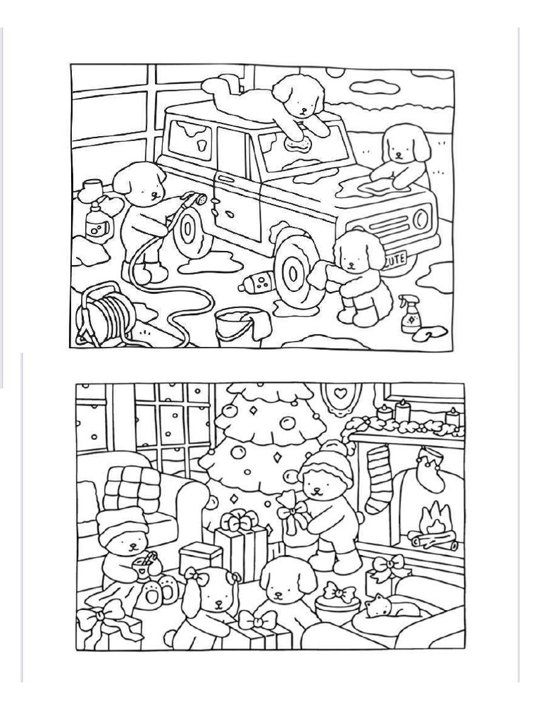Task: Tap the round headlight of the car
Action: (x=421, y=219)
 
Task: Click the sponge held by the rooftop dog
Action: (x=299, y=144)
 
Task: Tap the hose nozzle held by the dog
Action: (x=201, y=200)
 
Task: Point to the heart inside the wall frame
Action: (x=341, y=391)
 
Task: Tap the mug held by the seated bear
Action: (x=147, y=565)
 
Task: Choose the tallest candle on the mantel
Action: (x=404, y=411)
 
